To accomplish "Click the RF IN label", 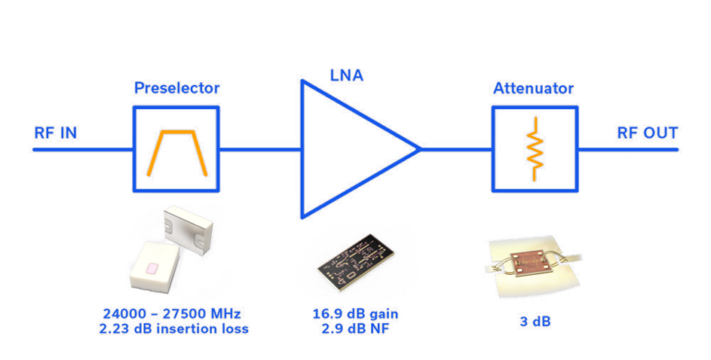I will click(x=56, y=132).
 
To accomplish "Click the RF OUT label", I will click(x=647, y=133).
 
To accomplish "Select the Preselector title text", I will click(x=176, y=89).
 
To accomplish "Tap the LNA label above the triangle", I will click(x=347, y=74).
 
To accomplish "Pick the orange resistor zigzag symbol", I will click(x=533, y=148).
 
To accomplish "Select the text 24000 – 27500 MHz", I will click(x=174, y=313).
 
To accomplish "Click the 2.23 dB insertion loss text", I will click(x=174, y=329).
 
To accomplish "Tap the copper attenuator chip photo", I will click(x=531, y=262).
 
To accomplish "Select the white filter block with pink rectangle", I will click(x=157, y=267).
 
